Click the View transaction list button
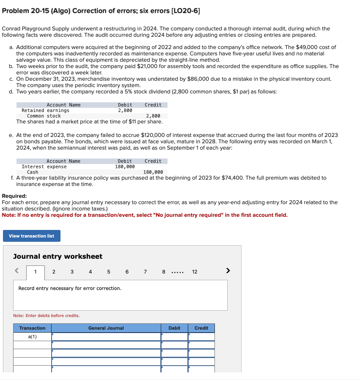point(32,236)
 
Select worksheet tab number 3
point(72,272)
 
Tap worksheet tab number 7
point(145,272)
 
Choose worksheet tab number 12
point(195,272)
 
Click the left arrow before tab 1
point(17,271)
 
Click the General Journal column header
point(106,328)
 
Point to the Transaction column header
point(32,328)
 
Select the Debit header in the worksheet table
point(174,328)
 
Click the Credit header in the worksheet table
point(201,328)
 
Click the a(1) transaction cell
point(32,337)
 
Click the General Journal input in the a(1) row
point(106,337)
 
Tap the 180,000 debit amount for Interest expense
point(125,167)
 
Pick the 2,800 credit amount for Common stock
point(153,116)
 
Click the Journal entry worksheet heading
point(58,257)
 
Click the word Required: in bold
point(14,196)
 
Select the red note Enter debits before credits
point(47,316)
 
